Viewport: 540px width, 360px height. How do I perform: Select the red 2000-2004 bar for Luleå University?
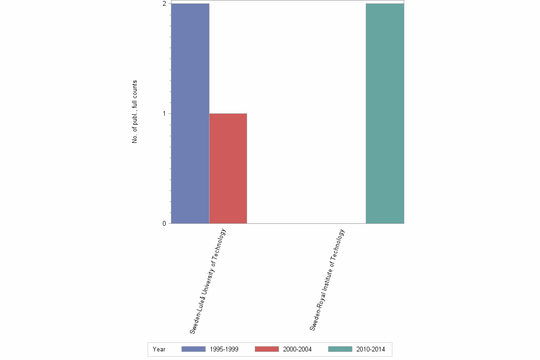click(228, 169)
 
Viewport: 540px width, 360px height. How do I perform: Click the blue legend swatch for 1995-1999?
click(193, 349)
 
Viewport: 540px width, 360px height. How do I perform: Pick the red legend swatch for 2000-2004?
click(267, 349)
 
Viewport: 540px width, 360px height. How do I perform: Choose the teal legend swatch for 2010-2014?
click(340, 349)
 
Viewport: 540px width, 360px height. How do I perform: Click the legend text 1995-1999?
click(224, 350)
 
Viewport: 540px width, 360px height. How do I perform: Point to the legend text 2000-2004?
click(297, 350)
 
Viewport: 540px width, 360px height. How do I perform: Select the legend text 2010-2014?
click(371, 350)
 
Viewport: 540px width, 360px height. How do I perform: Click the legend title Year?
click(159, 350)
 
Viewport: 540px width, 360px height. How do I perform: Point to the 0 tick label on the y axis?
click(164, 224)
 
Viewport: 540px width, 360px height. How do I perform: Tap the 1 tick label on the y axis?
click(164, 114)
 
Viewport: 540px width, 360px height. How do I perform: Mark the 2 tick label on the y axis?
click(164, 4)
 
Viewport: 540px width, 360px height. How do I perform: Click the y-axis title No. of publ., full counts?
click(135, 112)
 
